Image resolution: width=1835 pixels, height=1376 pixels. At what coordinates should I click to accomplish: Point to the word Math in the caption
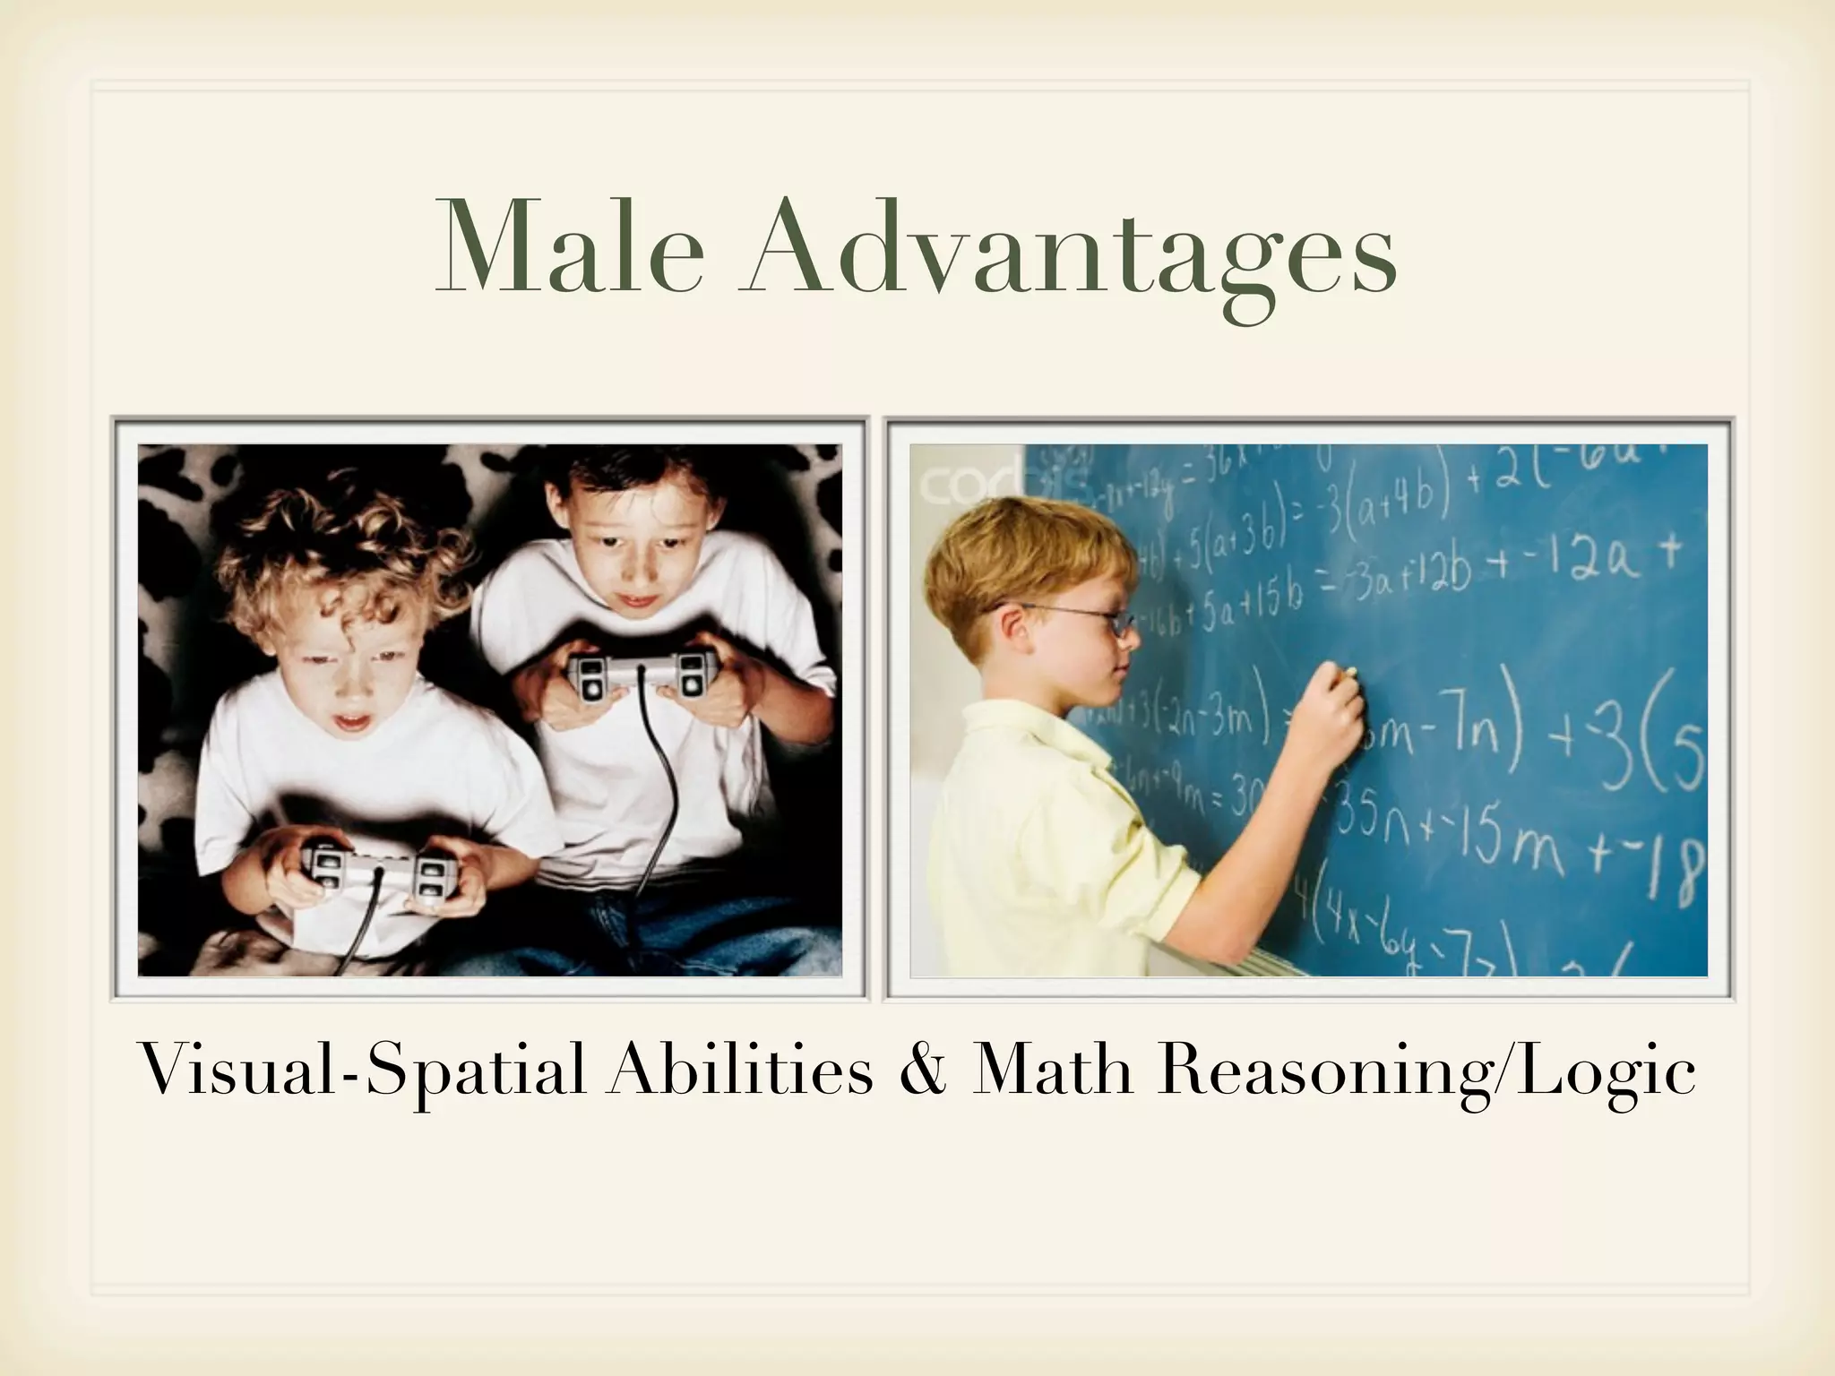1054,1071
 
